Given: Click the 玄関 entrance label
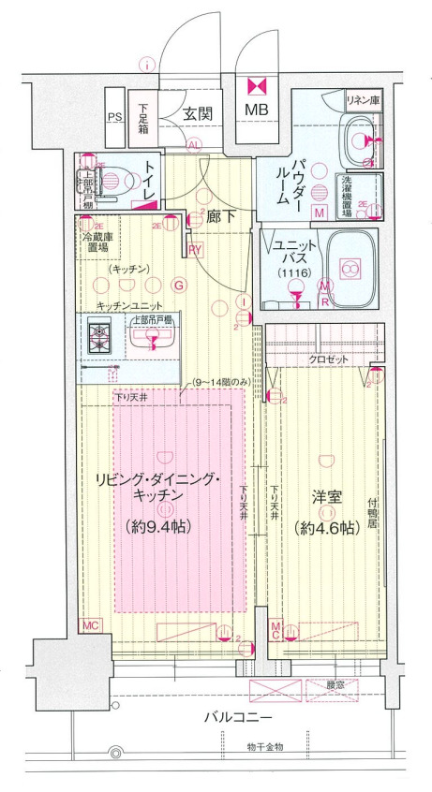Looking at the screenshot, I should [x=196, y=114].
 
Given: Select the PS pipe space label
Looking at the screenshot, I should [x=114, y=118].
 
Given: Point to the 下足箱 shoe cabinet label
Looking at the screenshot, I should [x=142, y=119].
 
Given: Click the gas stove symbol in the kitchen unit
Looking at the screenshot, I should [x=99, y=337].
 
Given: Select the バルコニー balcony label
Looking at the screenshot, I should [x=241, y=718].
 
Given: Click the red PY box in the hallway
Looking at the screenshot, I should [x=195, y=249].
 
